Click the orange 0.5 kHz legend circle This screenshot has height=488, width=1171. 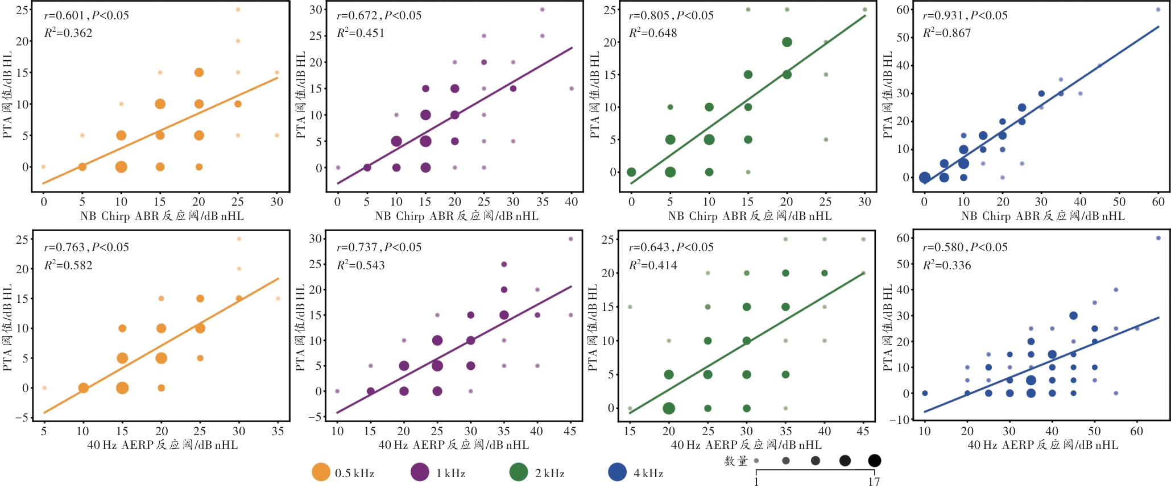[321, 472]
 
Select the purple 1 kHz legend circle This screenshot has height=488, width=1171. [420, 472]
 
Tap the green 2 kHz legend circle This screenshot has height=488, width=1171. [519, 472]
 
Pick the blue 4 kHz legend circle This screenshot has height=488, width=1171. [617, 472]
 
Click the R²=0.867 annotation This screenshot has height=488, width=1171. [946, 33]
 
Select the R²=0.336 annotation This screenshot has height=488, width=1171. [946, 265]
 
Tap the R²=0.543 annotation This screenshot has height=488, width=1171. [361, 265]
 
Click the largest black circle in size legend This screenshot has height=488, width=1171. [874, 460]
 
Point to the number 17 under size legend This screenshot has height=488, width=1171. [874, 482]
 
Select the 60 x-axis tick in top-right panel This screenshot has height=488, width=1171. [1158, 202]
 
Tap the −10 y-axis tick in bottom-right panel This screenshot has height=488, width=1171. [901, 419]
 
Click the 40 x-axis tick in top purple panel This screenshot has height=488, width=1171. [572, 202]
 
